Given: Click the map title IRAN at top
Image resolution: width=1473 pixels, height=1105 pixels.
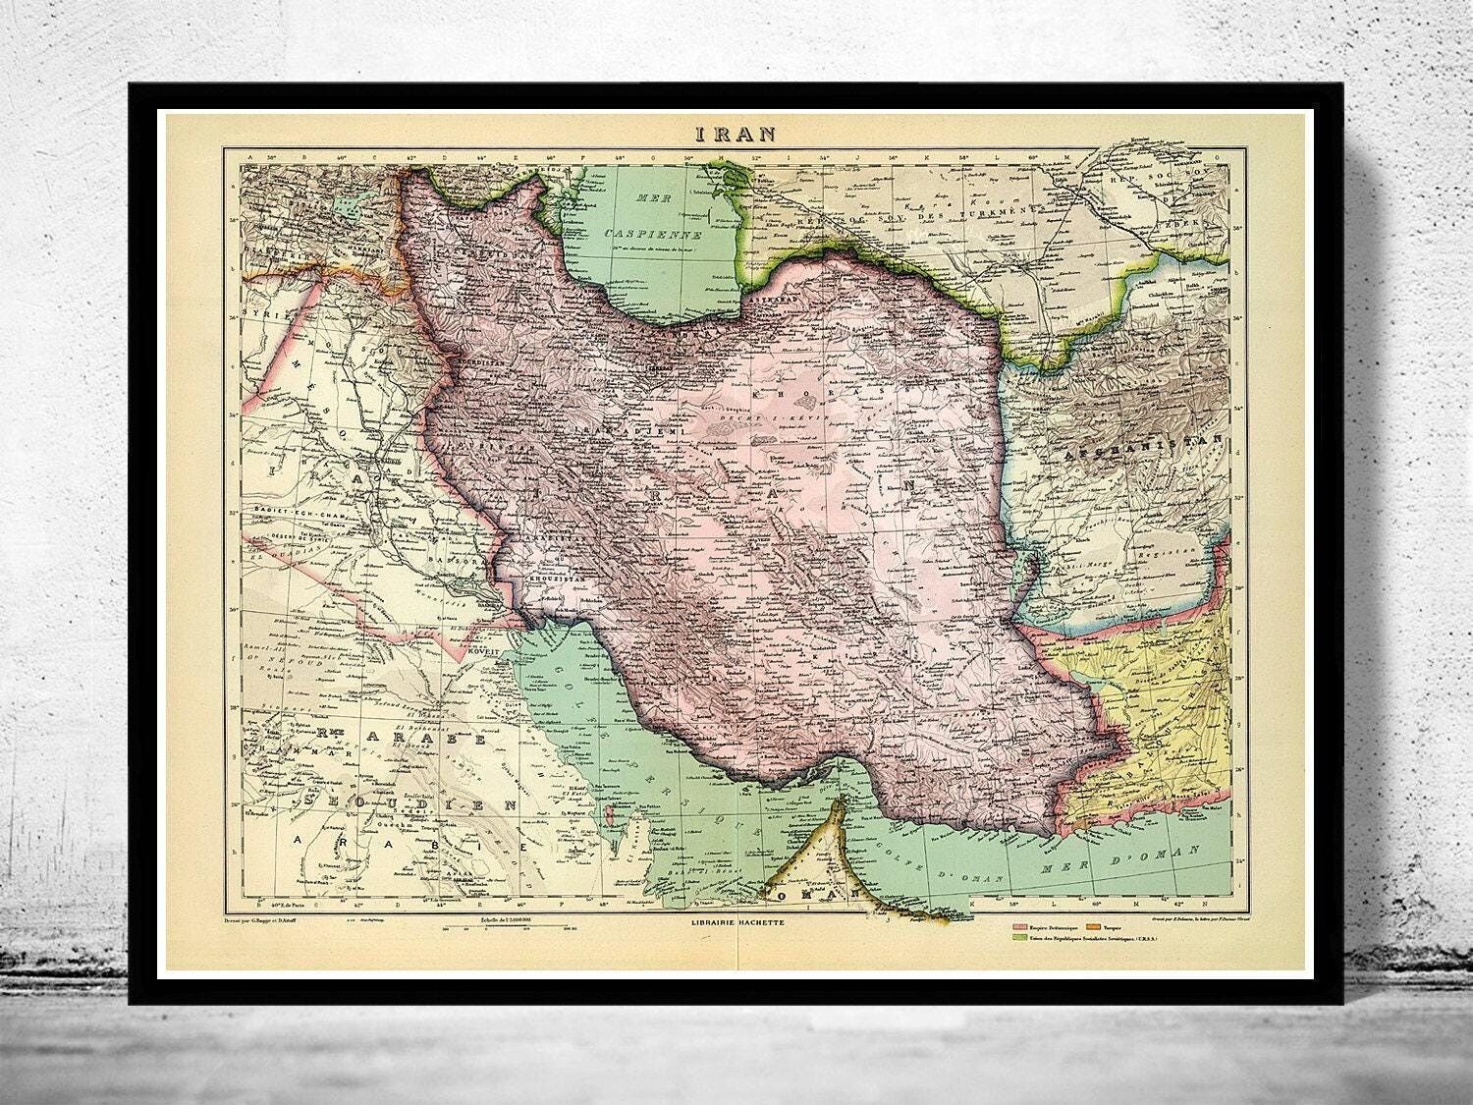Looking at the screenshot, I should [x=736, y=135].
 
